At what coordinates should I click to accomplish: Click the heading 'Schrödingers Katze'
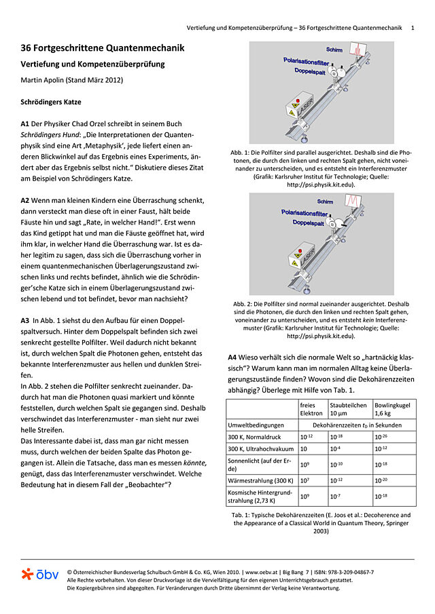tap(51, 102)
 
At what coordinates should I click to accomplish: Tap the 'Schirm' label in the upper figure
tap(334, 50)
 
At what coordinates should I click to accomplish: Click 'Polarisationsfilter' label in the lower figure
tap(306, 212)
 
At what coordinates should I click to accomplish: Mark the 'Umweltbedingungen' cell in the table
tap(256, 424)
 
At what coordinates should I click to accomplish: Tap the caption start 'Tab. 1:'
tap(242, 515)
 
